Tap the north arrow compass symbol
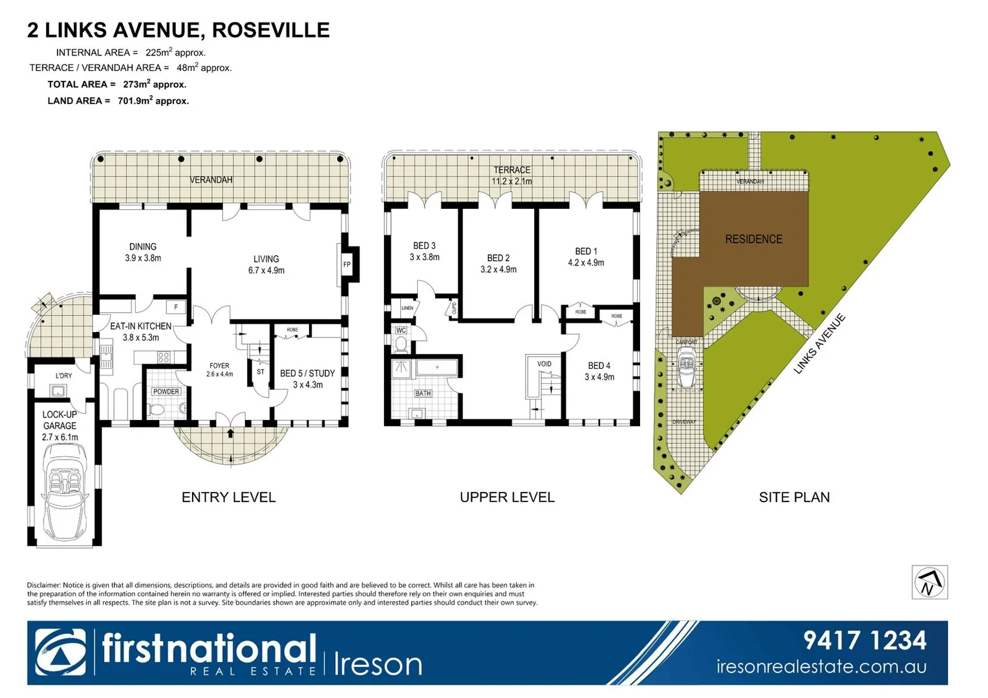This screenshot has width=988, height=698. [930, 582]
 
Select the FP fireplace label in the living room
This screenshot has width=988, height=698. [347, 264]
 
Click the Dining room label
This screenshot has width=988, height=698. [143, 247]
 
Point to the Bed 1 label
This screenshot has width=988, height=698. [586, 251]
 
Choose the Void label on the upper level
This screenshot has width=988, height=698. [544, 364]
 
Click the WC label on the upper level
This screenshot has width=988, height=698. [401, 330]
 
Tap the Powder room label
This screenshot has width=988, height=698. [166, 392]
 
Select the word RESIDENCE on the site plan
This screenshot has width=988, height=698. [753, 239]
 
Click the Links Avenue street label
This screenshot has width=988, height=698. [820, 344]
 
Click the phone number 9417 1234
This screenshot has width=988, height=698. [865, 640]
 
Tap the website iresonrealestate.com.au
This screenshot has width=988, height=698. [821, 667]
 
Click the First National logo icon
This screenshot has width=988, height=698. [60, 653]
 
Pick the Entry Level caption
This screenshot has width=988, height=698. [228, 497]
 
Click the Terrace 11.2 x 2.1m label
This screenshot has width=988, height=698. [511, 176]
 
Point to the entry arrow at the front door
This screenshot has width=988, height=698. [230, 433]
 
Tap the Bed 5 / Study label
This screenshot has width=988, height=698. [307, 374]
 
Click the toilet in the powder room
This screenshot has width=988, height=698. [156, 410]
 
